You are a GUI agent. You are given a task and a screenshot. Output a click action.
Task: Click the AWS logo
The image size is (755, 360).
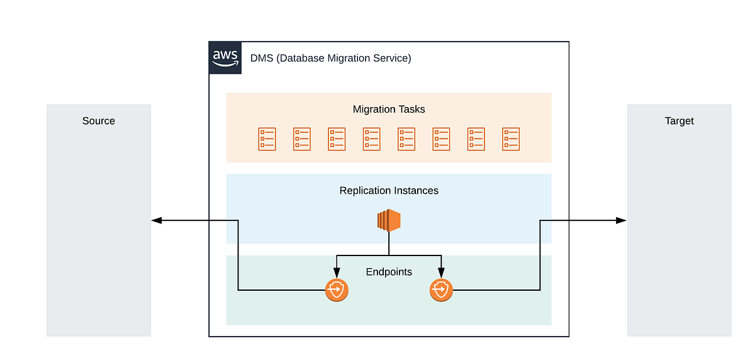tap(225, 58)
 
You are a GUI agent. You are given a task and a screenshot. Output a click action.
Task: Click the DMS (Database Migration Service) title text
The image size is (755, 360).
tap(330, 59)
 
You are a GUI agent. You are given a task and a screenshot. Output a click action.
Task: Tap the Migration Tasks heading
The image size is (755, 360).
tap(389, 110)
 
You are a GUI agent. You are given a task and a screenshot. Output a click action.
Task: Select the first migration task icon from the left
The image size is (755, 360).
tap(267, 139)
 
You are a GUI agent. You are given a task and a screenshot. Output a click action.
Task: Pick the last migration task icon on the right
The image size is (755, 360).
tap(511, 139)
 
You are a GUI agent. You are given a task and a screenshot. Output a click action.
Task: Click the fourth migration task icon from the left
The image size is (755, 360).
tap(372, 139)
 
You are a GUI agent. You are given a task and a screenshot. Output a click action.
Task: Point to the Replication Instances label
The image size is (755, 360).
tap(389, 191)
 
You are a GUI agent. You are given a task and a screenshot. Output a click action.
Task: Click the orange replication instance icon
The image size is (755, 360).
tap(389, 220)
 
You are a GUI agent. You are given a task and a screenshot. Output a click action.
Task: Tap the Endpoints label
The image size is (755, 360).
tap(389, 272)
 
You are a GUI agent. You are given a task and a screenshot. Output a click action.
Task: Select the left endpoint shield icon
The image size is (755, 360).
tap(337, 290)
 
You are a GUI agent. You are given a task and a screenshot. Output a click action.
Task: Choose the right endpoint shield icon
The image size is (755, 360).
tap(441, 290)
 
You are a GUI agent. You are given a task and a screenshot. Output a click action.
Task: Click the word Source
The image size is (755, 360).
tap(99, 121)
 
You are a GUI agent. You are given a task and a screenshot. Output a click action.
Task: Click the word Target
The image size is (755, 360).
tap(679, 121)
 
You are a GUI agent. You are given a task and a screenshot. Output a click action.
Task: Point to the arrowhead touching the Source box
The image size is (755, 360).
tap(157, 220)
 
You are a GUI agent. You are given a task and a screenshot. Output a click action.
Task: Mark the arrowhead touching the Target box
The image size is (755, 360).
tap(621, 220)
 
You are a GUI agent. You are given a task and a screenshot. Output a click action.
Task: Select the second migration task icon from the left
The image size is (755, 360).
tap(302, 139)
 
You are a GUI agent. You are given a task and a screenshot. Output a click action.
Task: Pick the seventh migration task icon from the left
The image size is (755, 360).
tap(476, 139)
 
